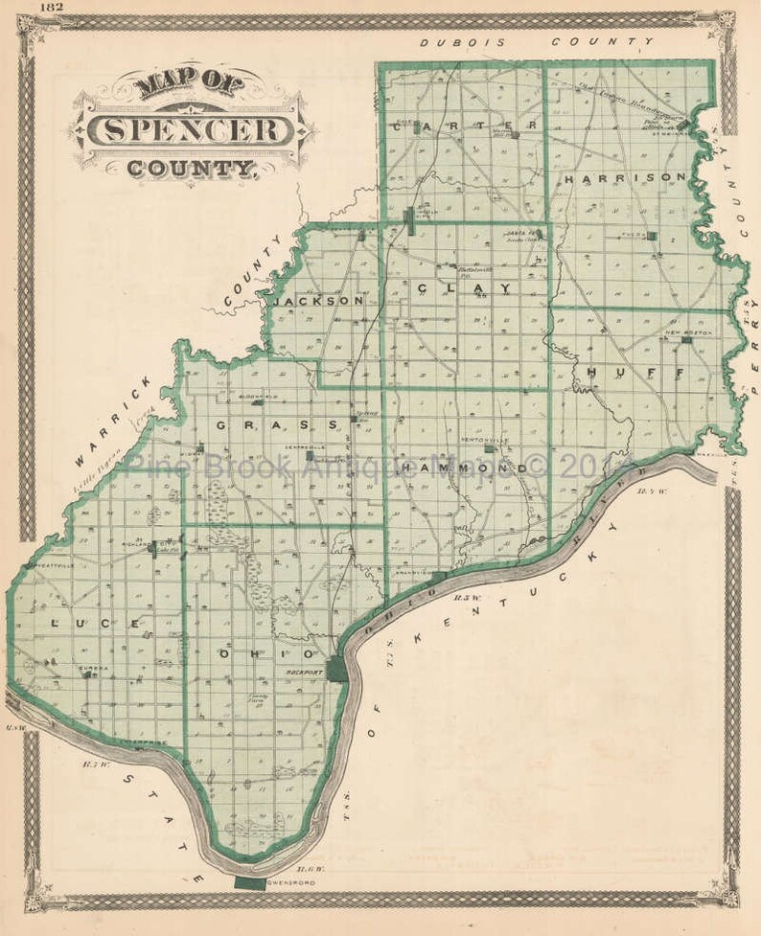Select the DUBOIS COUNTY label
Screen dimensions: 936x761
(537, 42)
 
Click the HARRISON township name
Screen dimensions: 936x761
(625, 177)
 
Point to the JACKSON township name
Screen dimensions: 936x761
(318, 300)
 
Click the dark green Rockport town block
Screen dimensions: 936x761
(336, 669)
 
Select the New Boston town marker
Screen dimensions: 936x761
(686, 340)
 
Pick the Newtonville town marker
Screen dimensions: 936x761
(489, 447)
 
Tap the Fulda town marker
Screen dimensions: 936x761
(652, 235)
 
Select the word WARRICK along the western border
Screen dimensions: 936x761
(112, 421)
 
